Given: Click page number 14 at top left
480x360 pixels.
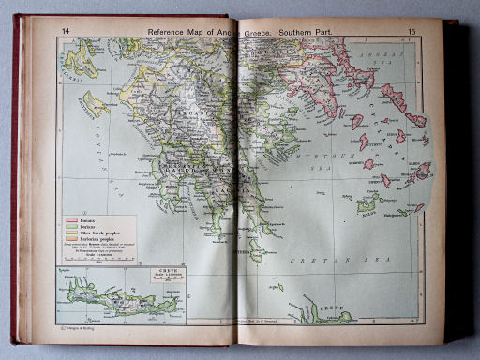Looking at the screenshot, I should tap(65, 31).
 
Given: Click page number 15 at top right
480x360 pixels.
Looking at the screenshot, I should tap(412, 32).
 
